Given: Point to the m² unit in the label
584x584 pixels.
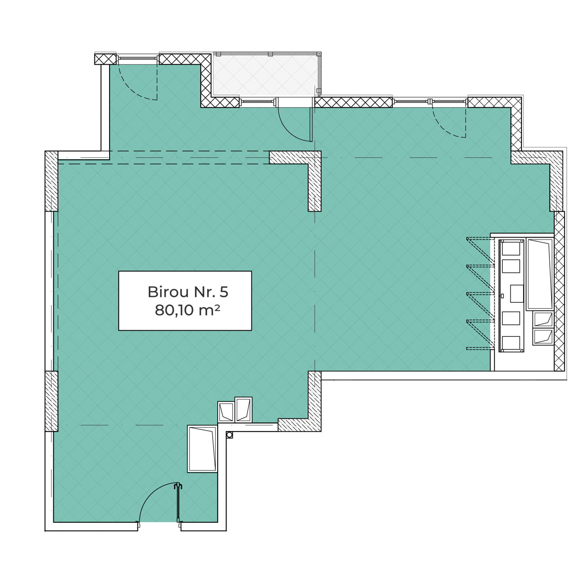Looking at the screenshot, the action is (x=209, y=310).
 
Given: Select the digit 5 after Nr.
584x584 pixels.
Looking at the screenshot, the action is (x=224, y=292).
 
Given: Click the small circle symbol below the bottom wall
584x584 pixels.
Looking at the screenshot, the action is (x=229, y=435).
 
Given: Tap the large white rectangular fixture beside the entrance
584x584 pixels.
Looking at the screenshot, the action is (x=203, y=449).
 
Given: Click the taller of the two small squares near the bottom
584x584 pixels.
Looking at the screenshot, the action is (x=243, y=409).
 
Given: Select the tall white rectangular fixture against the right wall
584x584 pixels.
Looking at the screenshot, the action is (x=540, y=274).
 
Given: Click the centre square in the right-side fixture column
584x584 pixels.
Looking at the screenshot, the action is (x=517, y=293).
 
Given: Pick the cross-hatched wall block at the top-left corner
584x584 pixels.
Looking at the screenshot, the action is (x=105, y=59).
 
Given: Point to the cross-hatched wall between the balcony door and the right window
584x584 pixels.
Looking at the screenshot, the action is (x=354, y=103).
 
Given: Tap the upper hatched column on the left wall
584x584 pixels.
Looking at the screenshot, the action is (x=52, y=181).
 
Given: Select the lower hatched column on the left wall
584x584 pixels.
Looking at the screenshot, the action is (x=52, y=401).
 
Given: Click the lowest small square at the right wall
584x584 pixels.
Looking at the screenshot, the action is (x=543, y=337).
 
